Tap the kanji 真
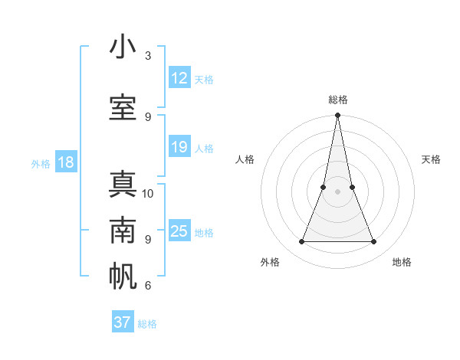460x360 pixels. [123, 185]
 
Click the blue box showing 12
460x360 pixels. [179, 78]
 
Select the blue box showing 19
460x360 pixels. [179, 147]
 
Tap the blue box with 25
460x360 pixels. [179, 231]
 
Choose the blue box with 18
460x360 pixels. [65, 162]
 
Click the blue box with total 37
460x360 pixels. [123, 322]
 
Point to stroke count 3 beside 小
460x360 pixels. [148, 56]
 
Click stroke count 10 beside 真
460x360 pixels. [148, 193]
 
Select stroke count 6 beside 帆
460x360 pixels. [148, 286]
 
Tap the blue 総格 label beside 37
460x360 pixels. [147, 324]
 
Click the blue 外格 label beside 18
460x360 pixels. [40, 163]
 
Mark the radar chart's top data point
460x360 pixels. [337, 116]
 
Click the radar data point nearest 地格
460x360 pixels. [374, 242]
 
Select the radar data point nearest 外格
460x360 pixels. [301, 242]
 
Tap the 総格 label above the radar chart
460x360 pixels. [337, 100]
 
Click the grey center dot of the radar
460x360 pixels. [337, 192]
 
